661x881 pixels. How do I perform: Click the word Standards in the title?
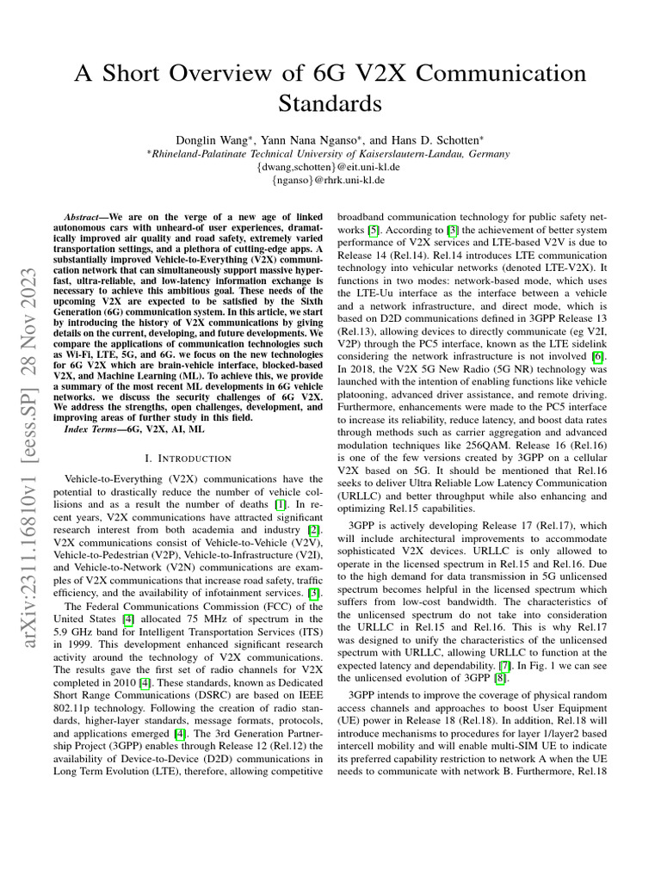330,104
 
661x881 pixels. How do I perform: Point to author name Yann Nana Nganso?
312,139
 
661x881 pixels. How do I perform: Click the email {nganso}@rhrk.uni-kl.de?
330,181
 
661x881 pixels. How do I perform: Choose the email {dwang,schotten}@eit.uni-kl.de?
330,167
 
